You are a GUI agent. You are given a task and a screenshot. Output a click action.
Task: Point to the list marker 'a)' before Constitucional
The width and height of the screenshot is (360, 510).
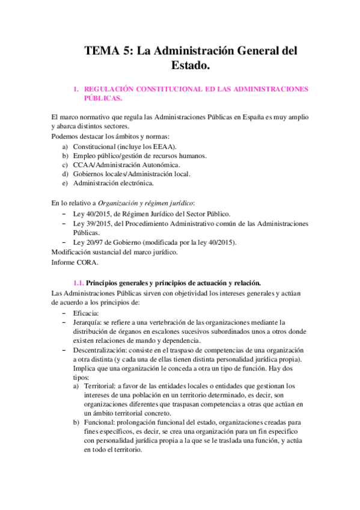pyautogui.click(x=65, y=146)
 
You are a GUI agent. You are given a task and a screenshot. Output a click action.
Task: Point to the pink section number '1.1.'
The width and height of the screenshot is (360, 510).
pyautogui.click(x=78, y=282)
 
